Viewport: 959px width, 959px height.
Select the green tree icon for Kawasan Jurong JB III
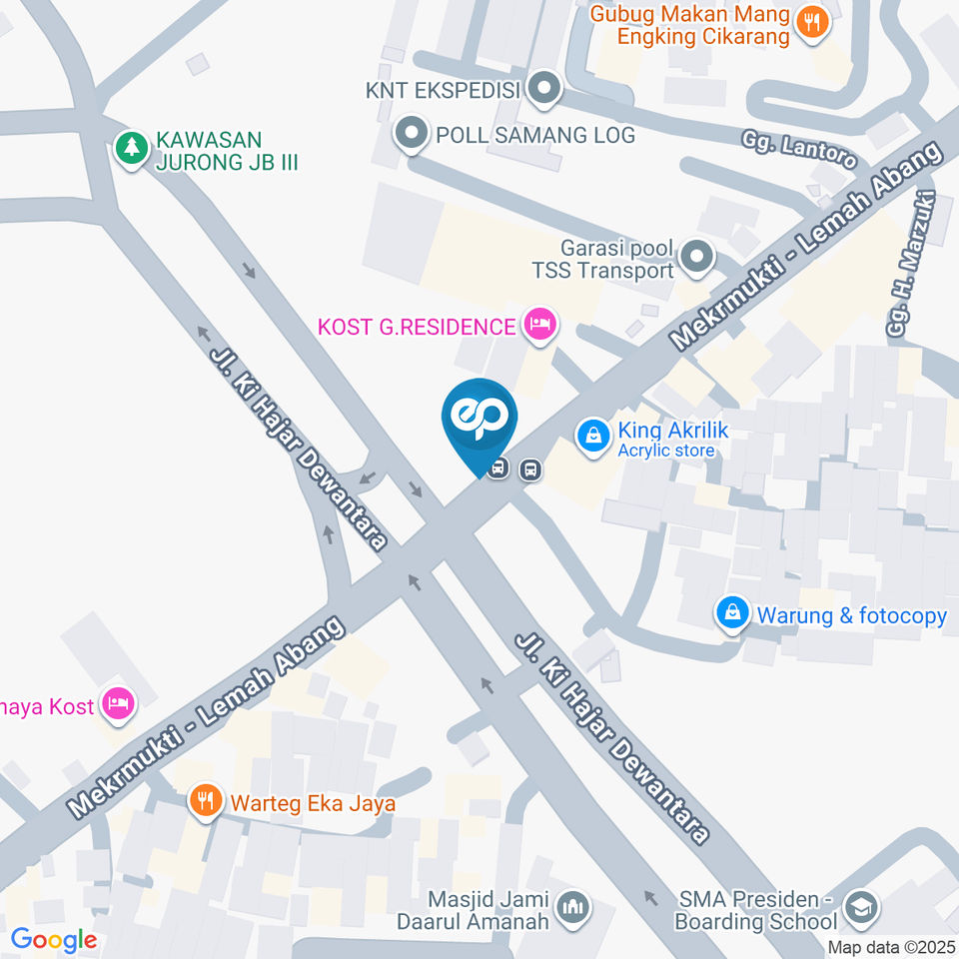[131, 150]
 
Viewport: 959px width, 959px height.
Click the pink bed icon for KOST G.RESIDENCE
[540, 324]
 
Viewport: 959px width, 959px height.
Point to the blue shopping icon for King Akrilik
[593, 437]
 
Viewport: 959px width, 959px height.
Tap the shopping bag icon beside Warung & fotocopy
[732, 613]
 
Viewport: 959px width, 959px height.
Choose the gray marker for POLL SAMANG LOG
[410, 134]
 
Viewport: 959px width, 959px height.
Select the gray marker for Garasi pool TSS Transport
[696, 258]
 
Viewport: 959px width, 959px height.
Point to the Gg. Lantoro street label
[799, 149]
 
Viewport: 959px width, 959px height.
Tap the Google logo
[53, 939]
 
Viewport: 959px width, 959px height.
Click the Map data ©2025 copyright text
[892, 946]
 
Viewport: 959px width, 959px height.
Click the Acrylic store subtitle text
[665, 451]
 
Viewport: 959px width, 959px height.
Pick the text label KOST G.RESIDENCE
[416, 326]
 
